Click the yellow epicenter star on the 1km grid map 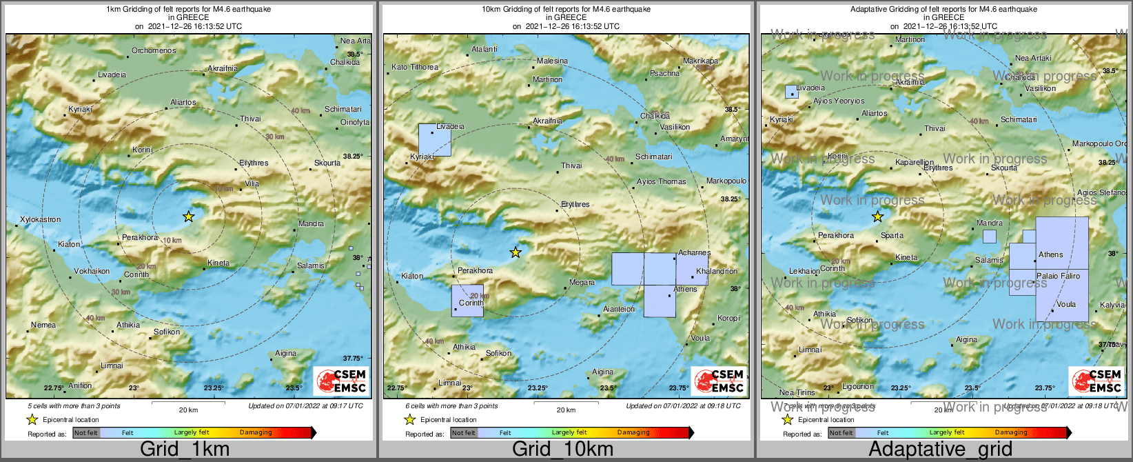188,217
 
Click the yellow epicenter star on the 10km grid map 516,252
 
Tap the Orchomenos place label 154,50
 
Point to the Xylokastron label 40,219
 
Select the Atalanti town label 484,49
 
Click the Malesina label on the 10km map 552,61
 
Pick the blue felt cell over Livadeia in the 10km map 435,140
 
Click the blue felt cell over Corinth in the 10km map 467,301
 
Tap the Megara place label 582,282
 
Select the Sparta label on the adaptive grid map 892,235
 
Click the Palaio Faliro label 1058,276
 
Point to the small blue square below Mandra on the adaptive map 989,237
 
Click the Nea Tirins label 797,392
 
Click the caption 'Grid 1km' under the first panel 184,449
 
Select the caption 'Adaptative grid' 940,449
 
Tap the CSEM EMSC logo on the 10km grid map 719,381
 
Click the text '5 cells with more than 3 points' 74,406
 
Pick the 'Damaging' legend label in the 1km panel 256,432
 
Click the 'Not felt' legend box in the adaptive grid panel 841,432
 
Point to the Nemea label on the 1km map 43,325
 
